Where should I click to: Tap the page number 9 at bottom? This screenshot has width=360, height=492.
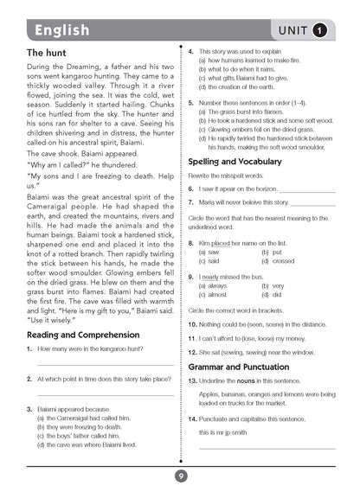(179, 475)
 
